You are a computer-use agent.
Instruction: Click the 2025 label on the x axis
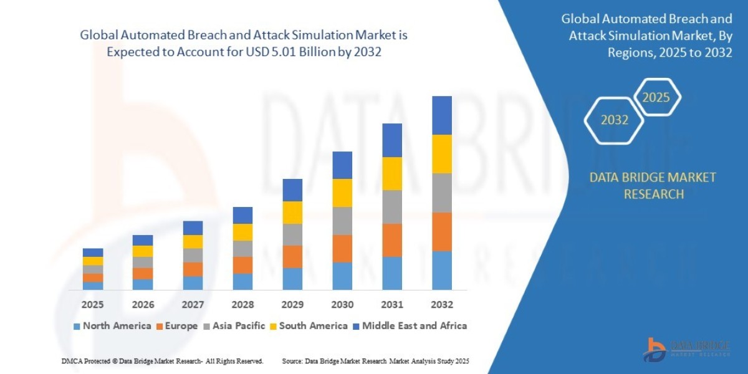92,305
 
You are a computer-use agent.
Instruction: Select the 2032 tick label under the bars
441,305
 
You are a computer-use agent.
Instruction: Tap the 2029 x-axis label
292,305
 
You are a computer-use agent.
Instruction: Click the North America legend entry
112,326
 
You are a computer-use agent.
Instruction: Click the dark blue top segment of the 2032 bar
441,115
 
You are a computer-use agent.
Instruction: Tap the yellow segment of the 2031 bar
391,173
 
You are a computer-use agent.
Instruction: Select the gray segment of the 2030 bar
342,221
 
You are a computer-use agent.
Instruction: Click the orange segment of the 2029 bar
292,257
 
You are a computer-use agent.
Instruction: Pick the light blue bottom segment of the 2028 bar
242,282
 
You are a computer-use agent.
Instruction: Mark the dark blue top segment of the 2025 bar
93,252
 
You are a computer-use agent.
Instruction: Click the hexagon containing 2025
656,97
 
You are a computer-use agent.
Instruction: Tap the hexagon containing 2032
615,120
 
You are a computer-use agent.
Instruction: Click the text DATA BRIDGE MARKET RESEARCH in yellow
653,186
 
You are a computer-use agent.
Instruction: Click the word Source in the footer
292,361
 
